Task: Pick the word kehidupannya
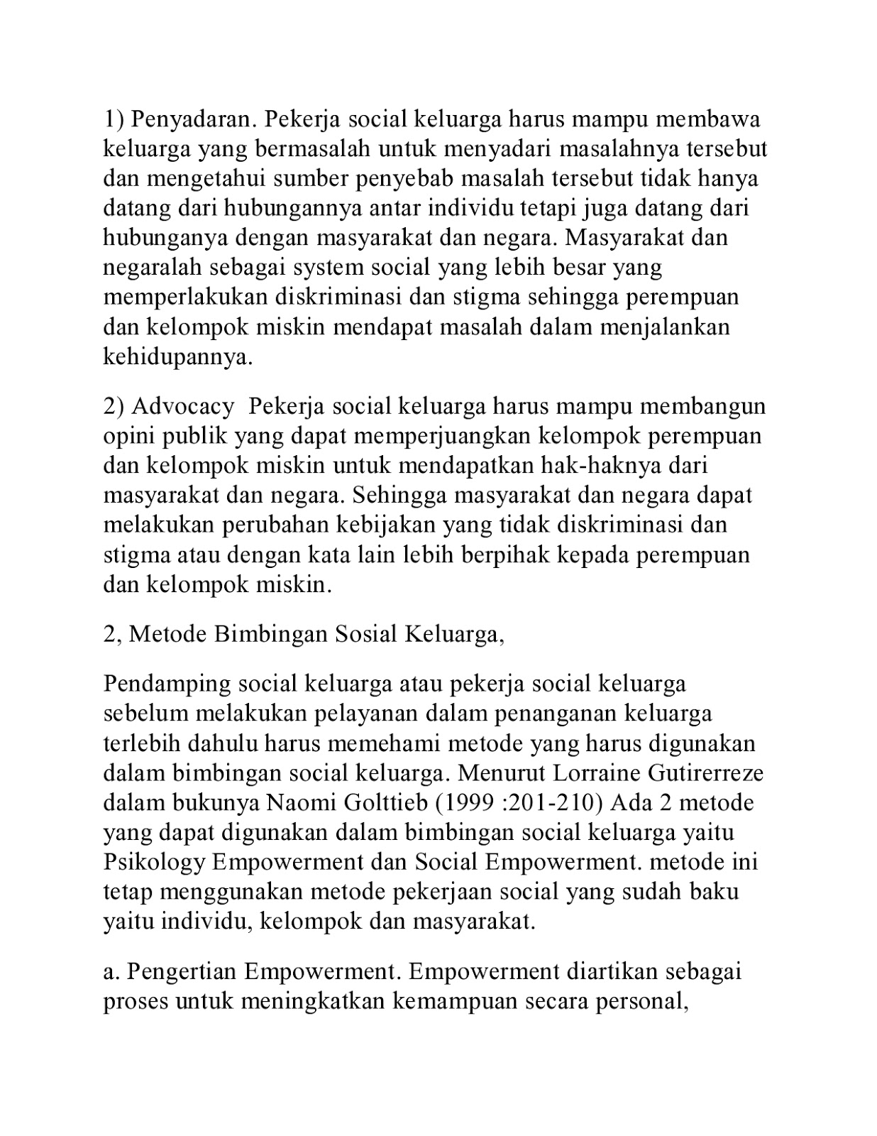pyautogui.click(x=178, y=356)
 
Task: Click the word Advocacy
pyautogui.click(x=182, y=406)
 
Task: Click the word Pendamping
pyautogui.click(x=167, y=683)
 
